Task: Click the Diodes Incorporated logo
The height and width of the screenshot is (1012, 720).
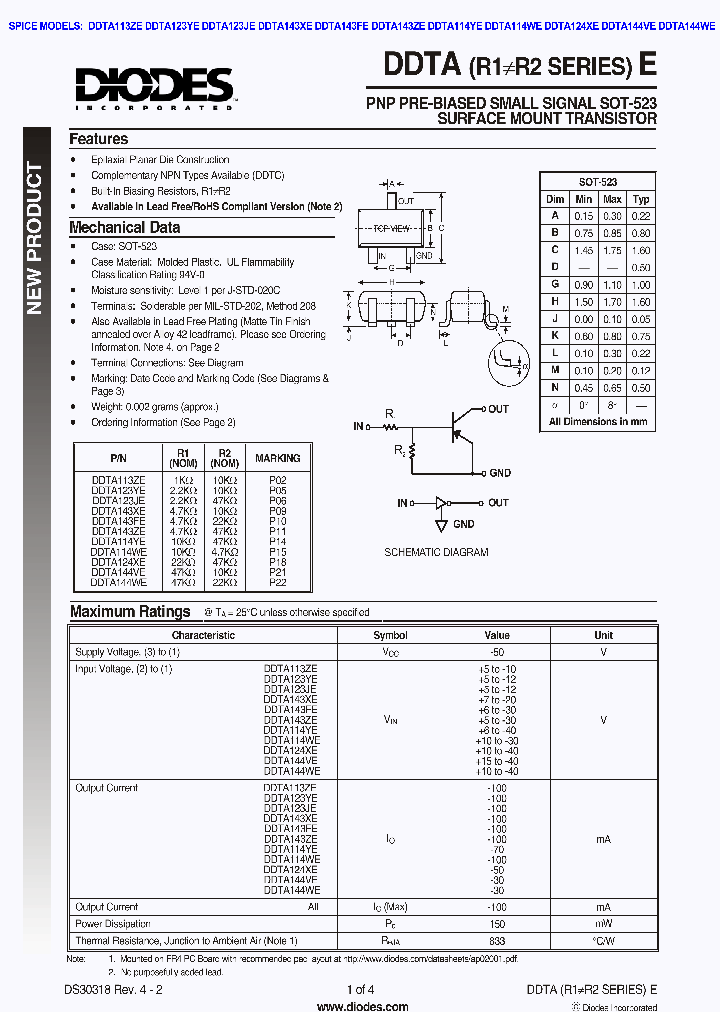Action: point(154,88)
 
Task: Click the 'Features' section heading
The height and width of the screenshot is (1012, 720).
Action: point(98,139)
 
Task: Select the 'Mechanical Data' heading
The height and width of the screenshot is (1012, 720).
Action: point(125,227)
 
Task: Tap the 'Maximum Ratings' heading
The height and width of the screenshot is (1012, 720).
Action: point(130,611)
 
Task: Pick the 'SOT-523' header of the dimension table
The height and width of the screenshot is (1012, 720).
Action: point(598,182)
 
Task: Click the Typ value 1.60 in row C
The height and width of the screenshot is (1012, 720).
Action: point(641,250)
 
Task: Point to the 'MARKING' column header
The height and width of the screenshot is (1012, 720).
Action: point(277,458)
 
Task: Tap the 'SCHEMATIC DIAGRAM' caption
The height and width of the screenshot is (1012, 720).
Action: point(437,552)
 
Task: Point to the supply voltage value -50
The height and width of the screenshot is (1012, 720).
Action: point(497,651)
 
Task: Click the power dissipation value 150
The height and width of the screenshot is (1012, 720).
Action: point(497,924)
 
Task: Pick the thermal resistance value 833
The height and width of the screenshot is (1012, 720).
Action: point(497,941)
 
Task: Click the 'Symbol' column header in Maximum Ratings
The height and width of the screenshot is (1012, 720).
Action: point(390,635)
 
